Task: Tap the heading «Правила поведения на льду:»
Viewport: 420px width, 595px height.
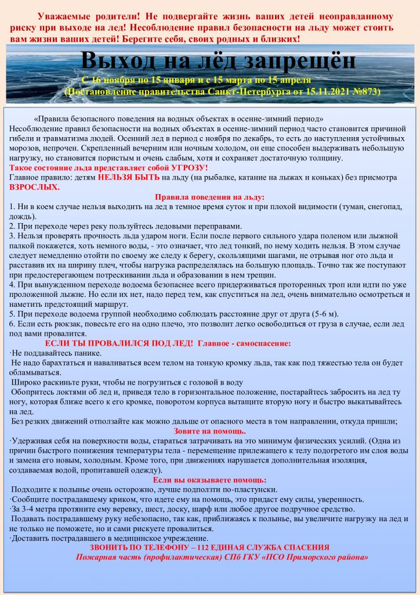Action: (209, 198)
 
